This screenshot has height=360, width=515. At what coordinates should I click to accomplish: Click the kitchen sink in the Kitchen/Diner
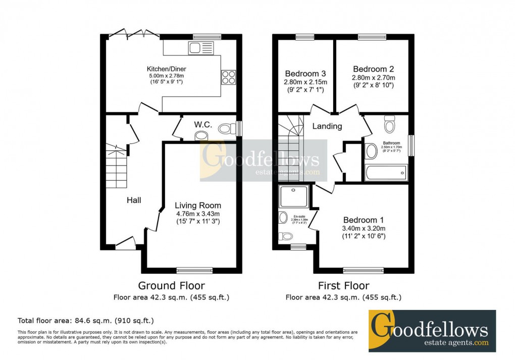click(x=201, y=48)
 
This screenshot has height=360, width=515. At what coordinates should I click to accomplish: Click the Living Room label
click(x=198, y=205)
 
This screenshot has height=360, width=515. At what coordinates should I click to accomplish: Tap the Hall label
click(x=134, y=200)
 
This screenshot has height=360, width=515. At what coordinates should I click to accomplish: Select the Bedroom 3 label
click(x=305, y=74)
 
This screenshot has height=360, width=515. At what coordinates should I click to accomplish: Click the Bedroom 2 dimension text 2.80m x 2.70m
click(x=373, y=78)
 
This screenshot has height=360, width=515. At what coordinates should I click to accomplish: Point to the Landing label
click(x=327, y=126)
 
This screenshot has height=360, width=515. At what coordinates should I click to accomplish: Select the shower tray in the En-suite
click(x=293, y=195)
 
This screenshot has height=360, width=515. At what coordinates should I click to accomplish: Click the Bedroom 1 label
click(x=364, y=220)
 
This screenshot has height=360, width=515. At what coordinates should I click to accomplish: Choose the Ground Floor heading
click(x=172, y=286)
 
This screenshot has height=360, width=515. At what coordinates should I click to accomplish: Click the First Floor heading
click(x=343, y=286)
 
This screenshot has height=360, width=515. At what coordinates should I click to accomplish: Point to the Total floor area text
click(x=86, y=320)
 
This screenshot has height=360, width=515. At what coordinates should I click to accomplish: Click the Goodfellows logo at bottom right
click(x=432, y=331)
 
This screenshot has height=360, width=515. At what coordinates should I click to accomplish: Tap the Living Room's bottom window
click(x=194, y=270)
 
